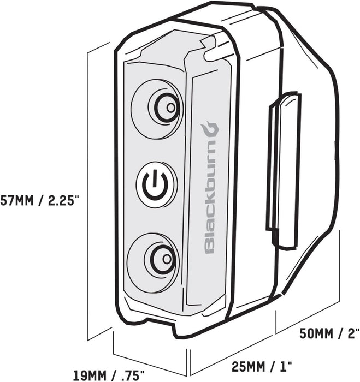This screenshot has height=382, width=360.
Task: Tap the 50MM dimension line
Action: coord(309,317)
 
